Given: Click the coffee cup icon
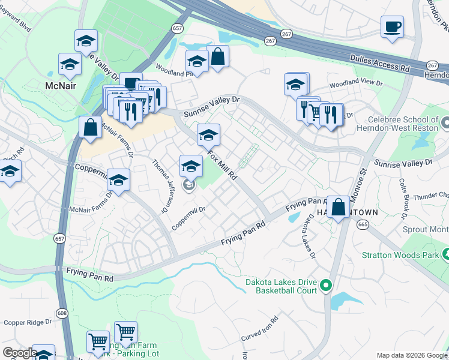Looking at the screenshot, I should tap(392, 27).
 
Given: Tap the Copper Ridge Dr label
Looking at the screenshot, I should tap(28, 322).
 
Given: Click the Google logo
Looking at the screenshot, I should tap(19, 353).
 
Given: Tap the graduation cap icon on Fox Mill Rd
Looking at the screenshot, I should tap(208, 135).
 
